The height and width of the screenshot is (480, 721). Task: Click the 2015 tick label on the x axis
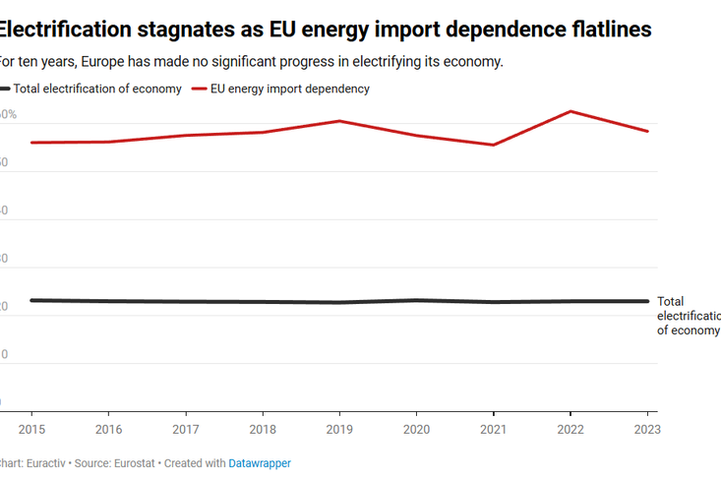pyautogui.click(x=31, y=429)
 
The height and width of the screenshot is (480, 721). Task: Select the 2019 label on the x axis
pyautogui.click(x=339, y=429)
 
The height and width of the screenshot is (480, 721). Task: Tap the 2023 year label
pyautogui.click(x=646, y=429)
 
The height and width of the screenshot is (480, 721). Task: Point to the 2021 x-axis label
pyautogui.click(x=494, y=429)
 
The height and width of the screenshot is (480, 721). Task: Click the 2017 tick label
pyautogui.click(x=185, y=429)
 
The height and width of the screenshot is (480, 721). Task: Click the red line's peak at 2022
pyautogui.click(x=571, y=111)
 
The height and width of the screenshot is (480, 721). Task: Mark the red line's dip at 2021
pyautogui.click(x=494, y=145)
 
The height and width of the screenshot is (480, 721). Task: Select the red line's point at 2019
pyautogui.click(x=339, y=121)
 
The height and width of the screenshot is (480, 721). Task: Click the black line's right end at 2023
pyautogui.click(x=647, y=301)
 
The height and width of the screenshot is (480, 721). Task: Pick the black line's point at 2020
pyautogui.click(x=416, y=300)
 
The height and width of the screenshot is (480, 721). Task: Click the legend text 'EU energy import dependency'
pyautogui.click(x=290, y=89)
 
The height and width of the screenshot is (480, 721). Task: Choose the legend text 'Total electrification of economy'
pyautogui.click(x=97, y=89)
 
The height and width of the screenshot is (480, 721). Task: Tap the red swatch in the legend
pyautogui.click(x=199, y=89)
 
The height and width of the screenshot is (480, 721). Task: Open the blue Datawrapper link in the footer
pyautogui.click(x=260, y=463)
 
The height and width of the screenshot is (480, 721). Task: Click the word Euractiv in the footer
pyautogui.click(x=43, y=463)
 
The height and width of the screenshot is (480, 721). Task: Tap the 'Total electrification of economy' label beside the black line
pyautogui.click(x=688, y=316)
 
